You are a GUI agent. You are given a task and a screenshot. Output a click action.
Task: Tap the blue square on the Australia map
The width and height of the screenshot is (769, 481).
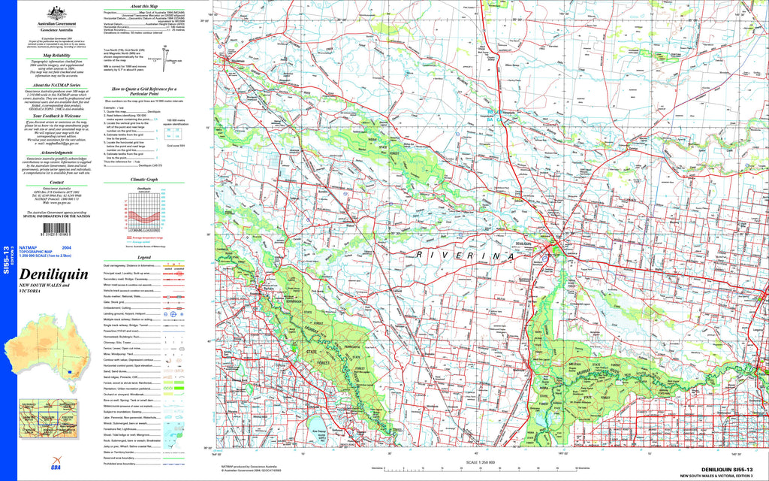70,371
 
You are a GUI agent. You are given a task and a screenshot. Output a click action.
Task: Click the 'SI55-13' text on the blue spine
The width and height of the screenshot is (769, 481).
7,259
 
